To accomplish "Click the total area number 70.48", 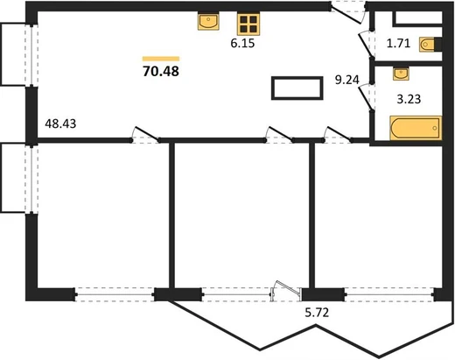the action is (x=161, y=71).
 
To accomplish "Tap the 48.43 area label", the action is (x=60, y=124).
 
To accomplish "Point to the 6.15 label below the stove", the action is (x=242, y=43).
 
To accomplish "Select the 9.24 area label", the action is (x=346, y=80).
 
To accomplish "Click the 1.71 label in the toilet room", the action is (x=398, y=44).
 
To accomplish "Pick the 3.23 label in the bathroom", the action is (x=409, y=99).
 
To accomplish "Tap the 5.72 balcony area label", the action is (x=317, y=313).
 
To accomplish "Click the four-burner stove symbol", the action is (x=248, y=25).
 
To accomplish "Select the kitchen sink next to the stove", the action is (x=208, y=21).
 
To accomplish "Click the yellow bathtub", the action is (x=416, y=128).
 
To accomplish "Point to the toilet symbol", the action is (x=427, y=45).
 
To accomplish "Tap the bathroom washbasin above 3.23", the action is (x=401, y=74).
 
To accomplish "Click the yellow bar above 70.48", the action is (x=161, y=59).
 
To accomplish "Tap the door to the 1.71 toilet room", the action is (x=365, y=45).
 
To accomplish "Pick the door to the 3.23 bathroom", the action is (x=366, y=97).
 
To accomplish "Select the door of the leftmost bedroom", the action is (x=146, y=133).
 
